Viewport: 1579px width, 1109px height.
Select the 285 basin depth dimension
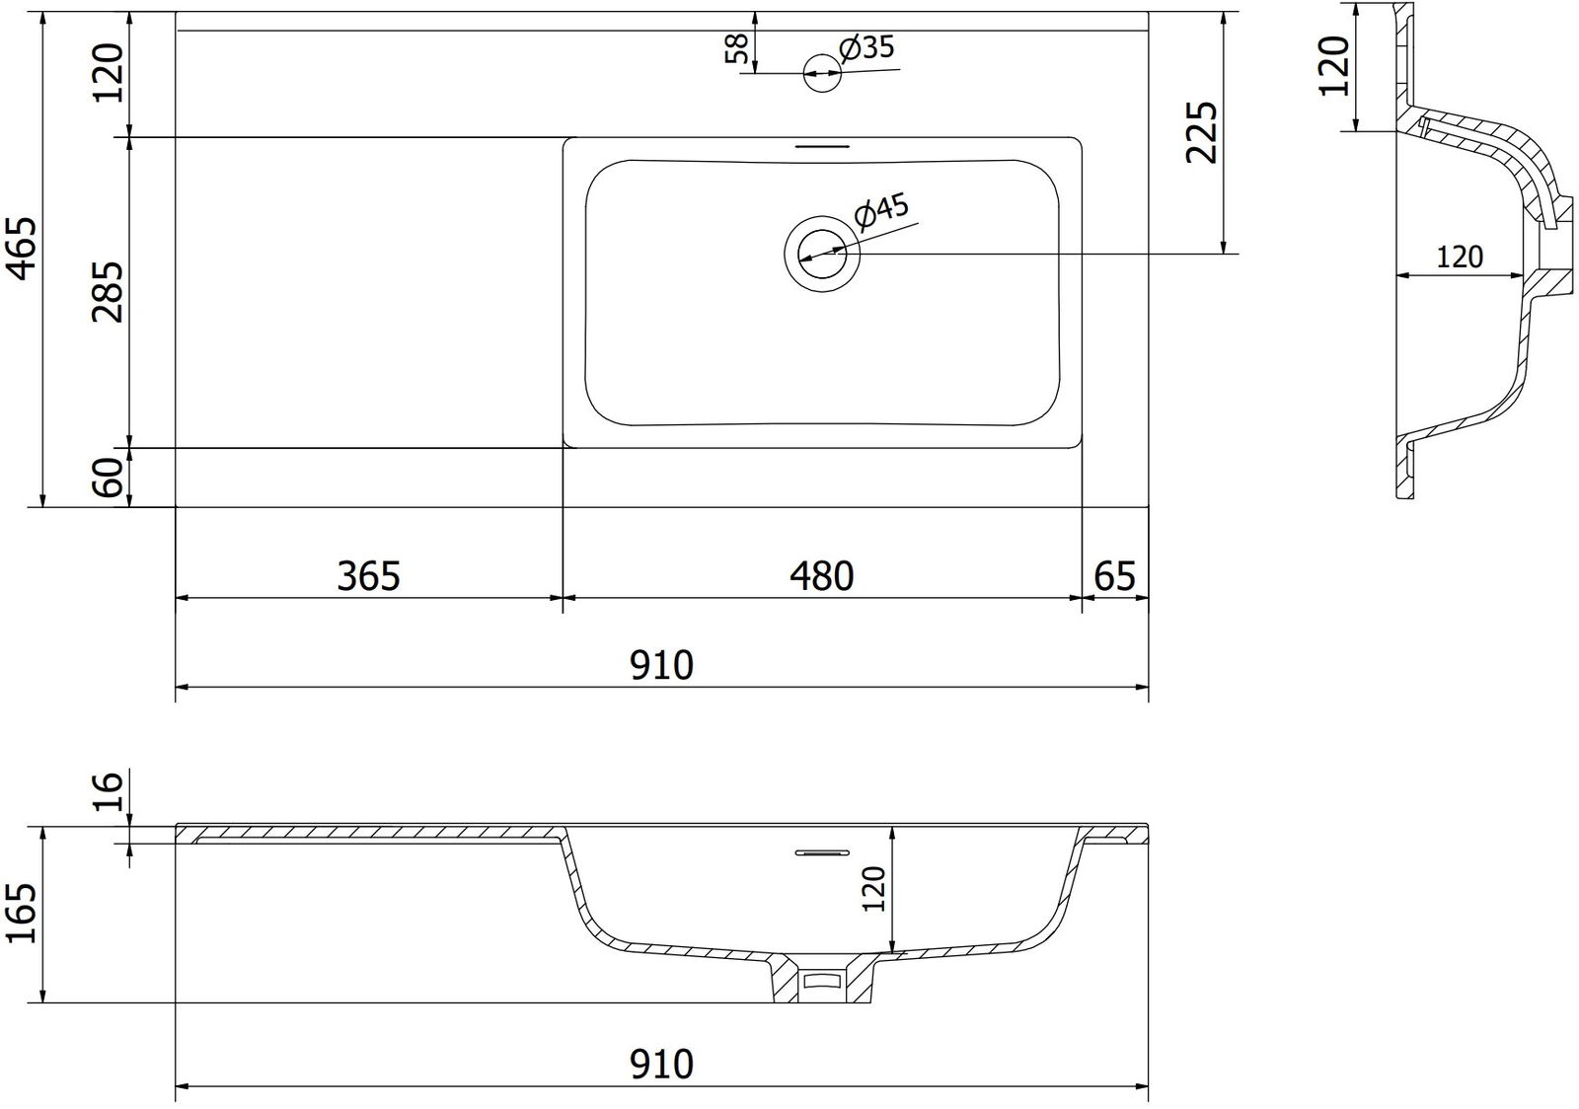[x=108, y=292]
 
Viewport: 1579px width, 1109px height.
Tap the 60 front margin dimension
[x=110, y=478]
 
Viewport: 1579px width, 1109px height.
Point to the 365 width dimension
[x=369, y=575]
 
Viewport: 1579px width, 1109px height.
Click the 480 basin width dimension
[x=821, y=575]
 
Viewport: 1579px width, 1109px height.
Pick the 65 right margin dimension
[x=1114, y=575]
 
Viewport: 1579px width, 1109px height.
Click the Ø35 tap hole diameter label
[x=866, y=48]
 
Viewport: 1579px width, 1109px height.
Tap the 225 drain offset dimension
[x=1202, y=132]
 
